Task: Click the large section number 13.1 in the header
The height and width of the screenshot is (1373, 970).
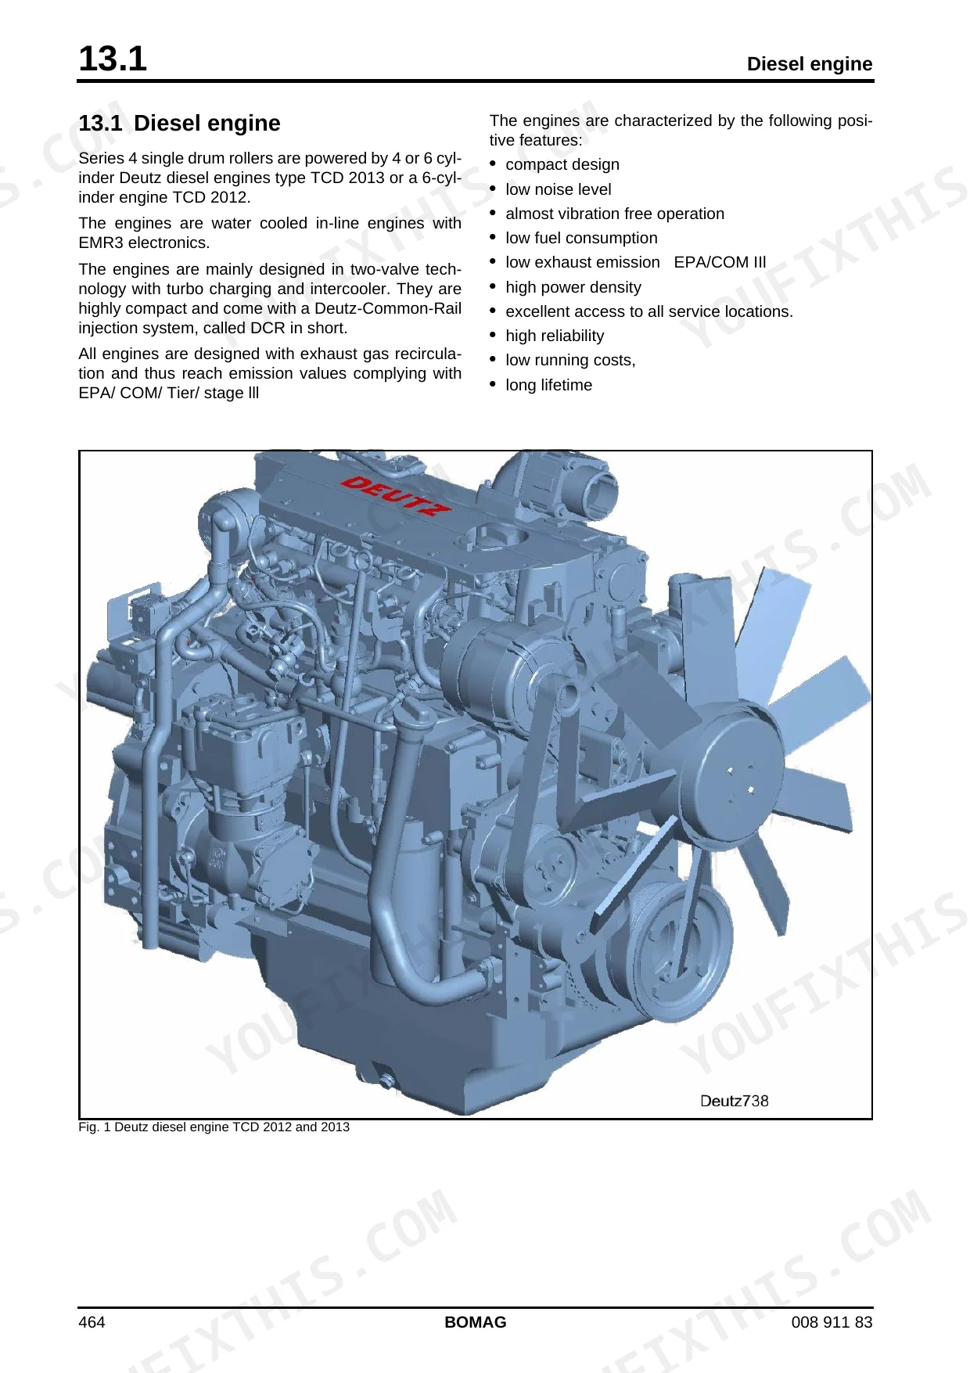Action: (x=113, y=59)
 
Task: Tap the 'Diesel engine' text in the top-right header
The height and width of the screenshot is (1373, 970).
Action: (x=810, y=64)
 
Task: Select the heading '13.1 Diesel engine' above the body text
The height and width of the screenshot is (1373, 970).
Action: (x=179, y=124)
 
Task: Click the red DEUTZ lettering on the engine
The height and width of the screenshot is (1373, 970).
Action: (x=396, y=495)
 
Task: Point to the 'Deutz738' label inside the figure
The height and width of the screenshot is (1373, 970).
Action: (x=734, y=1101)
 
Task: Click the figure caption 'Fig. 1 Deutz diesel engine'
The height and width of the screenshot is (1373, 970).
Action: (x=214, y=1127)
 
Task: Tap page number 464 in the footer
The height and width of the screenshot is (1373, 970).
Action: (x=92, y=1322)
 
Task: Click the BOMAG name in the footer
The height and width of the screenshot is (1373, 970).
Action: (x=476, y=1322)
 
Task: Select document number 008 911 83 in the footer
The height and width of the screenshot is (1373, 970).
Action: (x=832, y=1322)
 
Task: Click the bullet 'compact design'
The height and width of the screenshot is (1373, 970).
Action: (x=562, y=165)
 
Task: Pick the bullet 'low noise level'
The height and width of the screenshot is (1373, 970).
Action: (x=559, y=189)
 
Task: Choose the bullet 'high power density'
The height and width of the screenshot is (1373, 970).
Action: (x=573, y=287)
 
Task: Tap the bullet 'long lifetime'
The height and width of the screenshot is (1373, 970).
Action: (x=549, y=385)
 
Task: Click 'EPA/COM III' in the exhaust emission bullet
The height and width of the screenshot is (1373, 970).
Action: (x=720, y=262)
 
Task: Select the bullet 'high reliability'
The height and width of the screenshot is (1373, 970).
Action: (x=555, y=336)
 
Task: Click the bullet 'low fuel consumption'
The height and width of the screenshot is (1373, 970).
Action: (x=581, y=238)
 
